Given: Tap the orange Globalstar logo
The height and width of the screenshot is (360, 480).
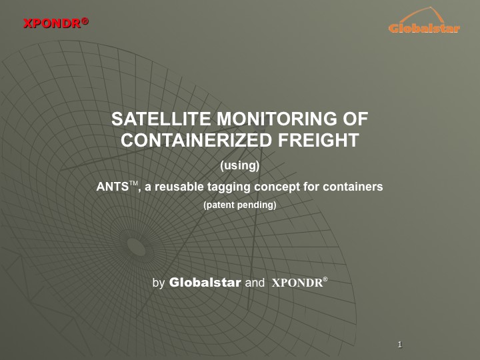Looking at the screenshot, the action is pos(424,21).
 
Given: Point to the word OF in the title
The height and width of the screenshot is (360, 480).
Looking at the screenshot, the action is pos(355,119).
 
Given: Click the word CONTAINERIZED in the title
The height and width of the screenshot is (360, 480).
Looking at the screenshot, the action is pos(197,140).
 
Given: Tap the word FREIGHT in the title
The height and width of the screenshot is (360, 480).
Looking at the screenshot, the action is pos(319,140).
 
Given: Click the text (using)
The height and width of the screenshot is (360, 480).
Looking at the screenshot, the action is pos(240,165).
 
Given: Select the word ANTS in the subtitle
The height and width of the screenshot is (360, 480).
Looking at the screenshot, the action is pos(112,187).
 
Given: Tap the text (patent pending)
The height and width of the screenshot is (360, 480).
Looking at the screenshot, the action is pos(240,205).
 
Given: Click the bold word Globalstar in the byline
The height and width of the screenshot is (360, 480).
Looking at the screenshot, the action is pos(205,282).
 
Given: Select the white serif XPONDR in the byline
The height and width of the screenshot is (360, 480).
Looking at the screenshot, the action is pos(297,283).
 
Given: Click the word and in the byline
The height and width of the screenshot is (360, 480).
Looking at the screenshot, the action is pos(255,283).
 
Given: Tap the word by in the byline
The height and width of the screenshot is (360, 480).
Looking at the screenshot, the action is pos(158,283).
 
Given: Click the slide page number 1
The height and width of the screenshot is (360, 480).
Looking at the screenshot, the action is pos(400,345).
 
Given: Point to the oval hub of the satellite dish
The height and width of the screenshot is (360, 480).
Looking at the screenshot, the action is pos(133,245).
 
